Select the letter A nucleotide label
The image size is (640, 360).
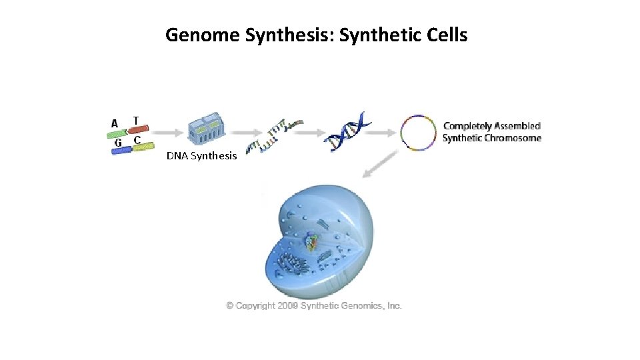pos(115,123)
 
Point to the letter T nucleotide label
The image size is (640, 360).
pos(136,120)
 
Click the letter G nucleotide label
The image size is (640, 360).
pos(117,142)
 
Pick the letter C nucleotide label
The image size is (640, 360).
pos(137,140)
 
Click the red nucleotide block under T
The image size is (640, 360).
pos(138,129)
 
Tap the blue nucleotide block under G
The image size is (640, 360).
pos(121,151)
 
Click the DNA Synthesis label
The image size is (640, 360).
pos(201,156)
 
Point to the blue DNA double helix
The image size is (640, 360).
pos(347,131)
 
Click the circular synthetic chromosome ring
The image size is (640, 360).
pos(418,133)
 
